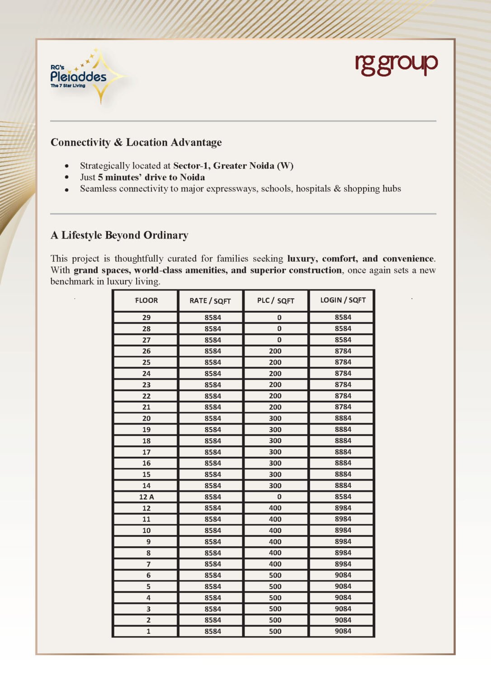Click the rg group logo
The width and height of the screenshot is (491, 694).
pyautogui.click(x=396, y=65)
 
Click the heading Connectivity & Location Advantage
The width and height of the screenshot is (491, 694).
pyautogui.click(x=136, y=142)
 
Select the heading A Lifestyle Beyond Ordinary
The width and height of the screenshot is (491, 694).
pyautogui.click(x=119, y=235)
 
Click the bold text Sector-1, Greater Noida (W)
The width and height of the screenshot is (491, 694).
pyautogui.click(x=233, y=166)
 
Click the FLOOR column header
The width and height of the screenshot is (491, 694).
pyautogui.click(x=146, y=300)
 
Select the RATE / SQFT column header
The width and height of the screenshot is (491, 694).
pyautogui.click(x=210, y=301)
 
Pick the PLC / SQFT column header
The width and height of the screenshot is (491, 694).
pyautogui.click(x=275, y=300)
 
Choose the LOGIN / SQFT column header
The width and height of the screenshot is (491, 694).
pyautogui.click(x=343, y=300)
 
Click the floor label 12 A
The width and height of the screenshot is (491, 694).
pyautogui.click(x=146, y=497)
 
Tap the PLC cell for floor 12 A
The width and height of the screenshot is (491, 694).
pyautogui.click(x=279, y=497)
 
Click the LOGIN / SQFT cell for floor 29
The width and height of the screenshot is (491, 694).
pyautogui.click(x=343, y=318)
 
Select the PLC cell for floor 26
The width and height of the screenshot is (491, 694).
pyautogui.click(x=275, y=351)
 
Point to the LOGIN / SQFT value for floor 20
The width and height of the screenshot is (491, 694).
pyautogui.click(x=343, y=418)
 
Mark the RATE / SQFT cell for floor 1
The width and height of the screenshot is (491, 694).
pyautogui.click(x=212, y=631)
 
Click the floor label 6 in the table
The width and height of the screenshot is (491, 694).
pyautogui.click(x=148, y=575)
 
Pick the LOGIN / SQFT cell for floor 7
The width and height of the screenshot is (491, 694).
pyautogui.click(x=343, y=564)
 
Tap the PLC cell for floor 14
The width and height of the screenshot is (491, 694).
pyautogui.click(x=275, y=486)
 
